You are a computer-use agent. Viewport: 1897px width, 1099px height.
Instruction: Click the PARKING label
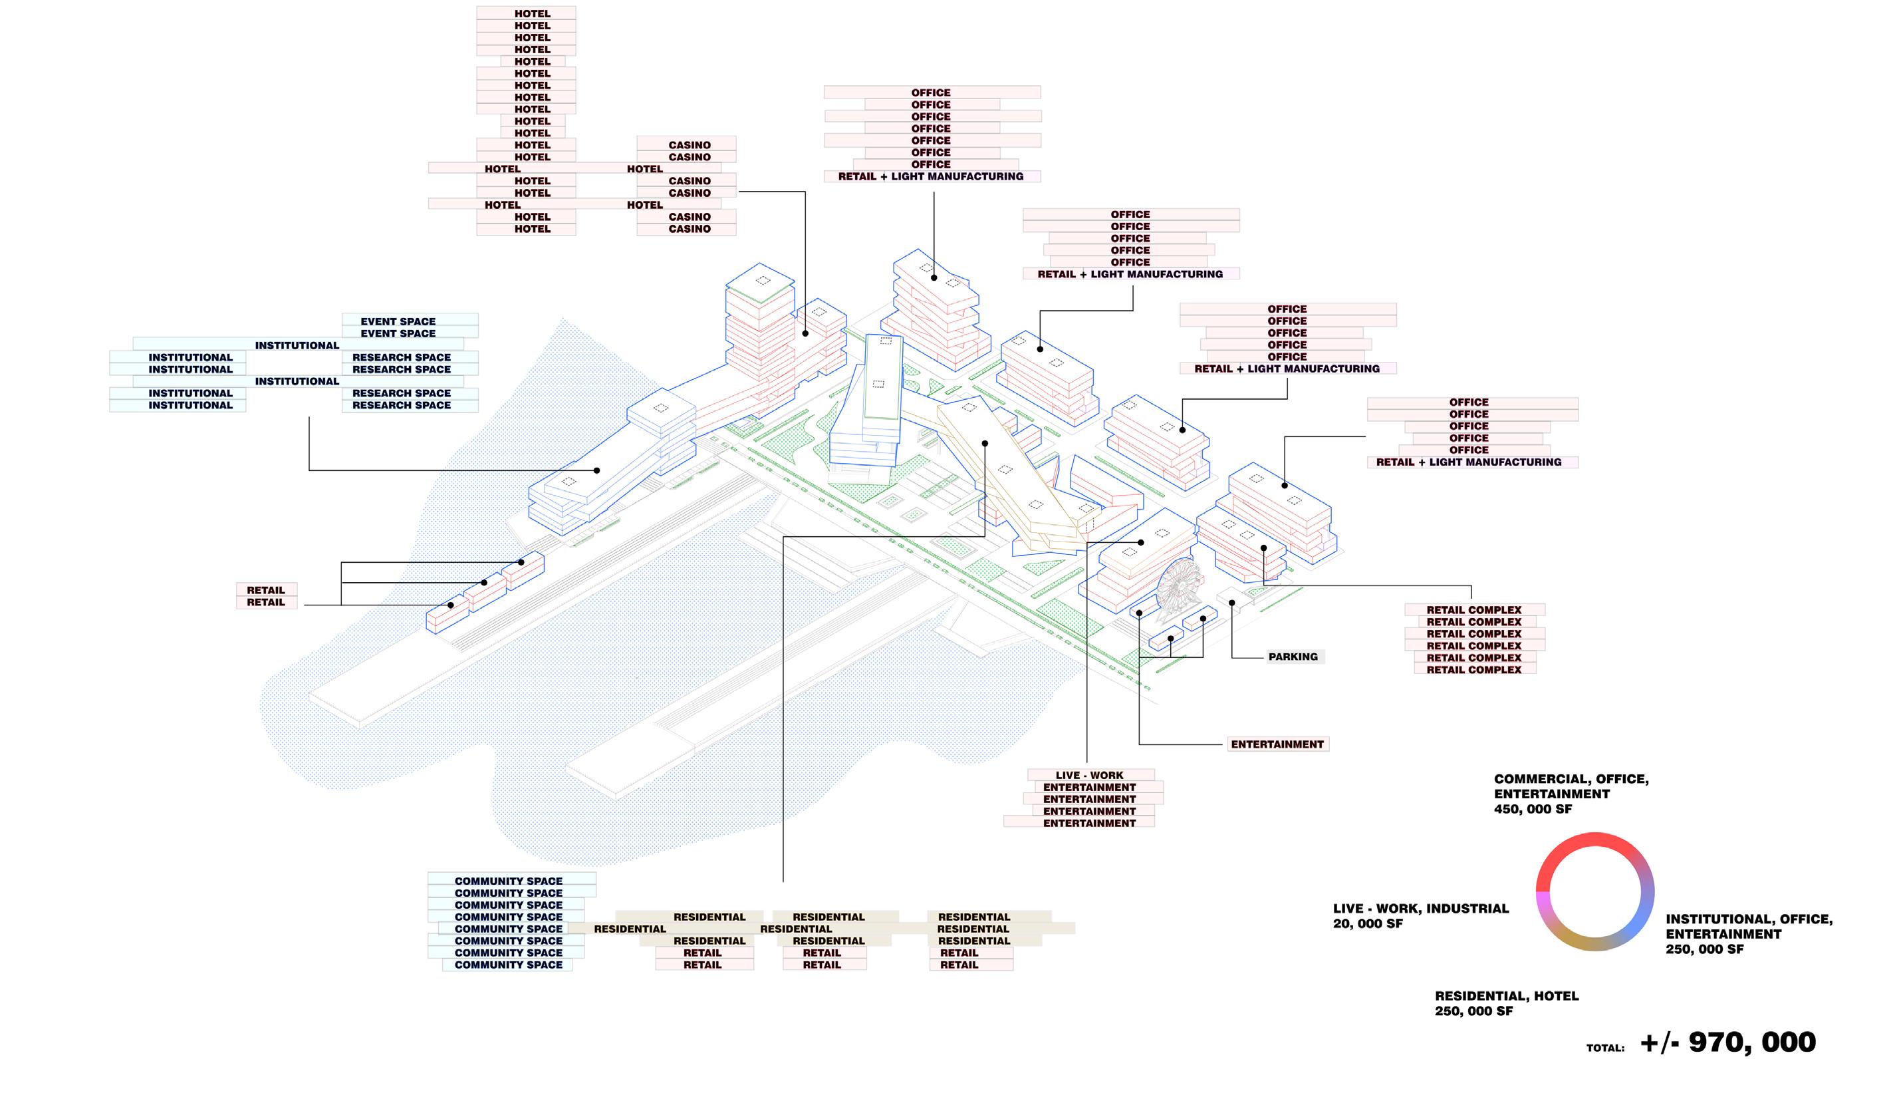1293,657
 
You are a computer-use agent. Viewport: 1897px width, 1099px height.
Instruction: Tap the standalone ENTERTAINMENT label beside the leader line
1277,744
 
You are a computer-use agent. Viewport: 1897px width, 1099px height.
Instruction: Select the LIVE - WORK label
1088,775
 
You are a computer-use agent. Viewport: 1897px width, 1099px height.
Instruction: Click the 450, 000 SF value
1533,809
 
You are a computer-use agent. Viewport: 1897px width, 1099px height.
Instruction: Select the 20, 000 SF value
1368,923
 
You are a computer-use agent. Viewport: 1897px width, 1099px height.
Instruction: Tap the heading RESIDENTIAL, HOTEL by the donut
1506,996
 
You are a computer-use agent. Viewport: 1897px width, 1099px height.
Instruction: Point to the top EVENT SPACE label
398,321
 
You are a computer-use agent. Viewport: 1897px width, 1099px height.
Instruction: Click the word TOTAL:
1605,1048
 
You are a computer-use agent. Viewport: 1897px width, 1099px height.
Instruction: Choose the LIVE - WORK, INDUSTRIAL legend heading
1420,909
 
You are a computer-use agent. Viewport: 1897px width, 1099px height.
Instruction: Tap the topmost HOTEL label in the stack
532,13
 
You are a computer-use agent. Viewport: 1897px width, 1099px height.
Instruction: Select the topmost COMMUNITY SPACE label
508,881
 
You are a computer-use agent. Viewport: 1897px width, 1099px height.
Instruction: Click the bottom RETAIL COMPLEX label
1473,670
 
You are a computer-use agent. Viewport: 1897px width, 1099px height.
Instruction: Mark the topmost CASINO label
689,144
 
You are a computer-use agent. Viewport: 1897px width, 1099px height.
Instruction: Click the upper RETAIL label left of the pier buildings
266,590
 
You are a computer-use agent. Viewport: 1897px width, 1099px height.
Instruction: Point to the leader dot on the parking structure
1231,603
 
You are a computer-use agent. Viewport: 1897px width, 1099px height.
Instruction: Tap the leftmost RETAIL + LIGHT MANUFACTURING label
930,176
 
